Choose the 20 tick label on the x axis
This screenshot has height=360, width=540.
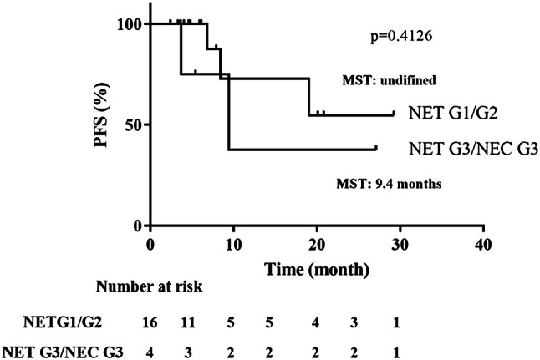coord(316,242)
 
